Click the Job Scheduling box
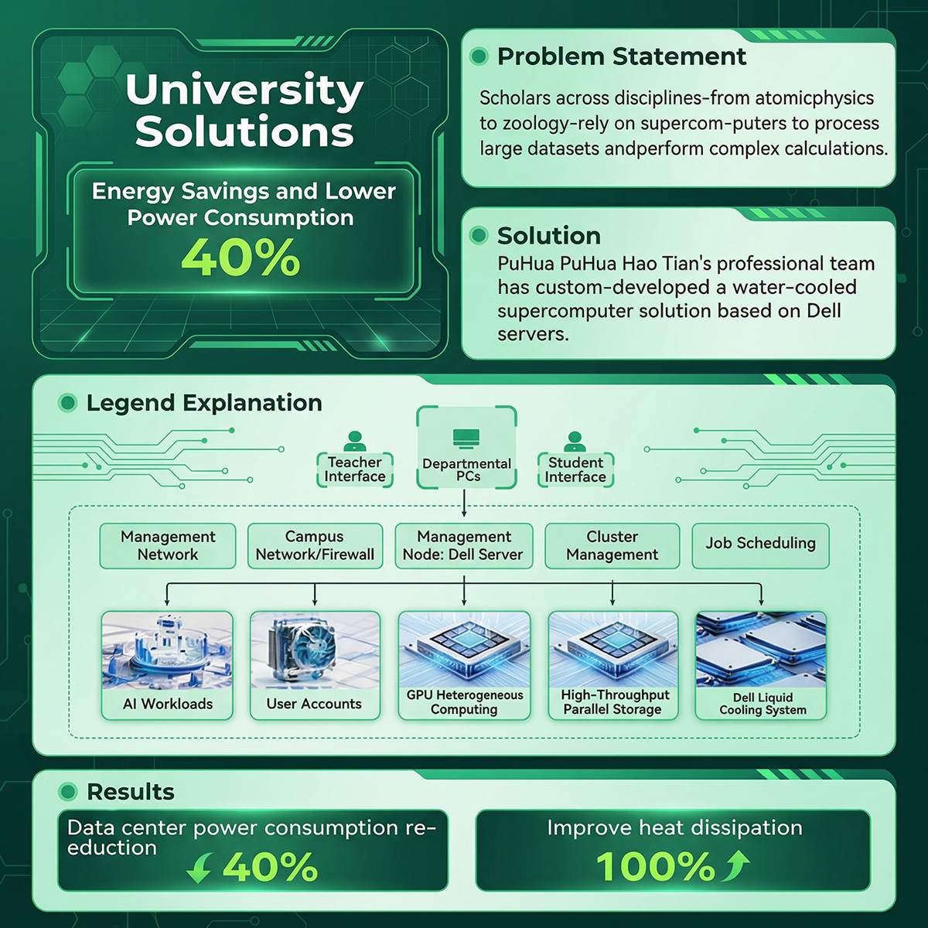[760, 546]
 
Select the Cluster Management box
[612, 546]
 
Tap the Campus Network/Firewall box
[315, 546]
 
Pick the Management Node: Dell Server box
[464, 546]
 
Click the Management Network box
[168, 546]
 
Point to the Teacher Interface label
[355, 469]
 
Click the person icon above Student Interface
[574, 441]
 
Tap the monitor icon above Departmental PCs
[466, 438]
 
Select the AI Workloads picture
[167, 650]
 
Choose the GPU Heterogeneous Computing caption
[464, 702]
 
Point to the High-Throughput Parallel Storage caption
[613, 702]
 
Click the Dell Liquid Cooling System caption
[763, 704]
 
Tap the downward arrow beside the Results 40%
[200, 868]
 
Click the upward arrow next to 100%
[735, 865]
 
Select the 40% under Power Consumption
[241, 258]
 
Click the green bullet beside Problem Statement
[479, 56]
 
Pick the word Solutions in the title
[244, 131]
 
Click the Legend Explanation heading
[204, 403]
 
